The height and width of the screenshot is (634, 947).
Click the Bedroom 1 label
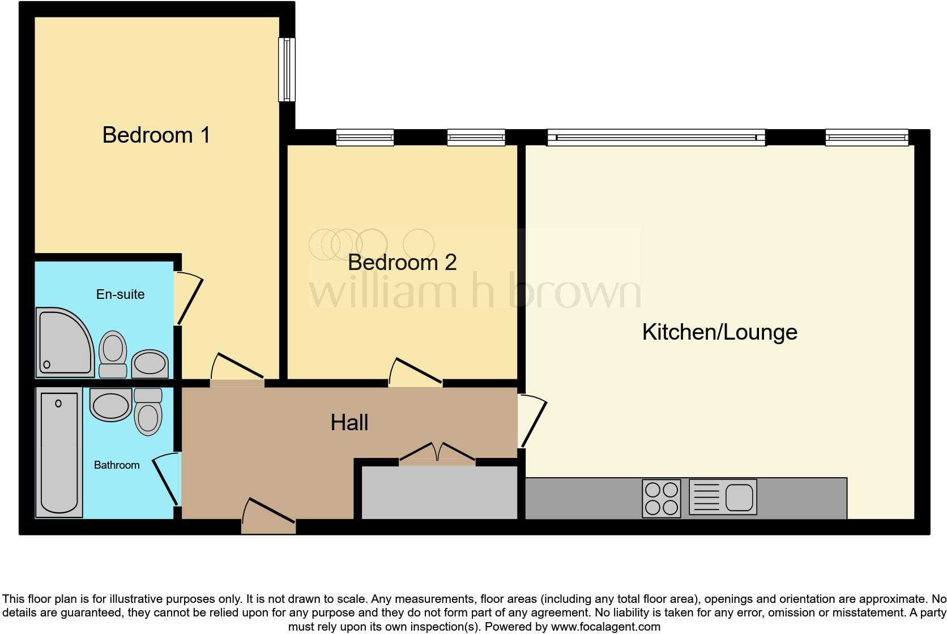pos(156,135)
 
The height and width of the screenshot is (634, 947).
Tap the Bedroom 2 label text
pos(402,262)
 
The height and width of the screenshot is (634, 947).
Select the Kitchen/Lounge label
pos(719,332)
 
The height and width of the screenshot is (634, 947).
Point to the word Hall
pos(349,422)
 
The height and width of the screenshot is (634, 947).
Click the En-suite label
pos(120,294)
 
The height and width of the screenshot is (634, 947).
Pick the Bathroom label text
pos(116,465)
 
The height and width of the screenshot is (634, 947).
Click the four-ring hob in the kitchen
pos(661,498)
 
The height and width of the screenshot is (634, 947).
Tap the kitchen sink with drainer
pos(723,497)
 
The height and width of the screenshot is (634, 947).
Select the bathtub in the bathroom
pos(59,453)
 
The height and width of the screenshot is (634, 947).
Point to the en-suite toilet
pos(113,354)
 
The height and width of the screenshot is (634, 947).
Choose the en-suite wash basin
pos(150,363)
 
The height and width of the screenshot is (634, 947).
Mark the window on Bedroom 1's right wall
pos(287,70)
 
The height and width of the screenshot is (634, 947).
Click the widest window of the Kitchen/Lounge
pos(656,138)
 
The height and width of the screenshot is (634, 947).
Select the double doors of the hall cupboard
pos(437,453)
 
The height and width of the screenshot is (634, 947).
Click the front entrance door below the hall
pos(268,516)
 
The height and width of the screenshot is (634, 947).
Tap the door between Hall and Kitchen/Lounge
pos(532,422)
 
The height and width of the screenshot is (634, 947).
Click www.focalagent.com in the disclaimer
pos(605,627)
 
